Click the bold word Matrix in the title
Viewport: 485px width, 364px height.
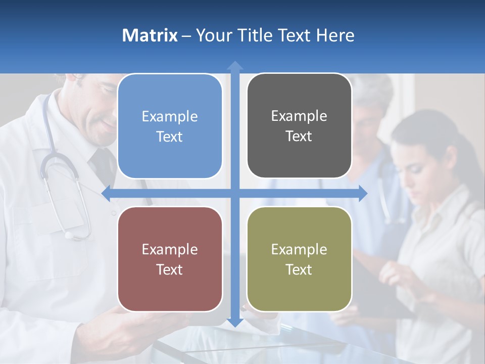pyautogui.click(x=150, y=35)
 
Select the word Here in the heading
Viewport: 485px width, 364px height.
pyautogui.click(x=335, y=35)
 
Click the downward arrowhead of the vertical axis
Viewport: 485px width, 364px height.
pyautogui.click(x=234, y=322)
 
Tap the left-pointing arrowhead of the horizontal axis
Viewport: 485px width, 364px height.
pyautogui.click(x=107, y=193)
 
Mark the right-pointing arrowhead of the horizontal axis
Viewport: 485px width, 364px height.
pyautogui.click(x=363, y=193)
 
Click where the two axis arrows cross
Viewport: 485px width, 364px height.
pyautogui.click(x=234, y=193)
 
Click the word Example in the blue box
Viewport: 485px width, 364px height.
pyautogui.click(x=170, y=117)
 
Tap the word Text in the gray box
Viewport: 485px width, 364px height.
pyautogui.click(x=299, y=136)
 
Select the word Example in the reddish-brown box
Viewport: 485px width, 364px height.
pyautogui.click(x=170, y=250)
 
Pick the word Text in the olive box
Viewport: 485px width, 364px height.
pyautogui.click(x=299, y=269)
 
